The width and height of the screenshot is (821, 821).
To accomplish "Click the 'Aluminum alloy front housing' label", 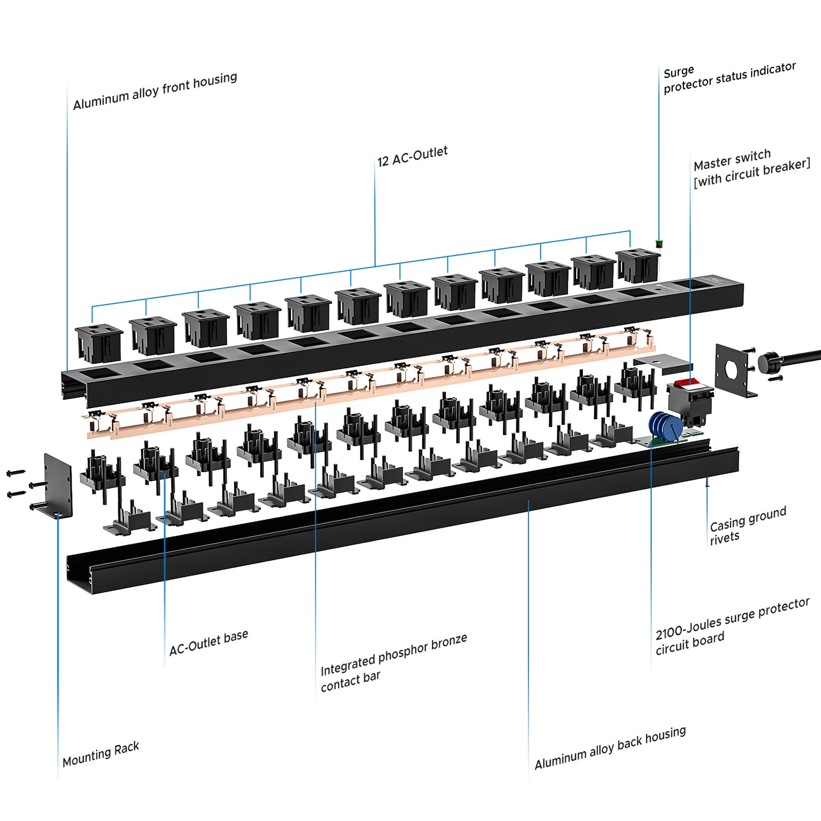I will click(x=155, y=91).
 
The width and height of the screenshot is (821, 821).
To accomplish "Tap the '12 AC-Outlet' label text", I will click(x=412, y=156).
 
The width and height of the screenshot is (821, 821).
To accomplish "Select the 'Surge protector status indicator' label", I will click(x=729, y=78).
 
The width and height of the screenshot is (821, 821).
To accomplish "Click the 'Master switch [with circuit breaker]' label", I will click(x=751, y=168).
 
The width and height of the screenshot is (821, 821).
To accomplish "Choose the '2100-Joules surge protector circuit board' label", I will click(x=732, y=627).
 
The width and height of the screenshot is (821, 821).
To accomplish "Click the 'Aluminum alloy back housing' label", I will click(x=610, y=748).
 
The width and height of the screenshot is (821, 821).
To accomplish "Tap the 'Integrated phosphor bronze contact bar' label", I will click(x=393, y=662).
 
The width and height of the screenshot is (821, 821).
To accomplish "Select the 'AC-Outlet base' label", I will click(x=209, y=643).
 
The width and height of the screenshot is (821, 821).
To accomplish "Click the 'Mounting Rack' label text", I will click(x=101, y=754).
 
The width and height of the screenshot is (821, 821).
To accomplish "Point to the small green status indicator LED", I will click(x=659, y=244).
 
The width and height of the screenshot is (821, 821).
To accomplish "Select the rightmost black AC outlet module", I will click(x=638, y=265).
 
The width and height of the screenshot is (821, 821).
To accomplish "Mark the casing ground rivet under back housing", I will click(x=707, y=483).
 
